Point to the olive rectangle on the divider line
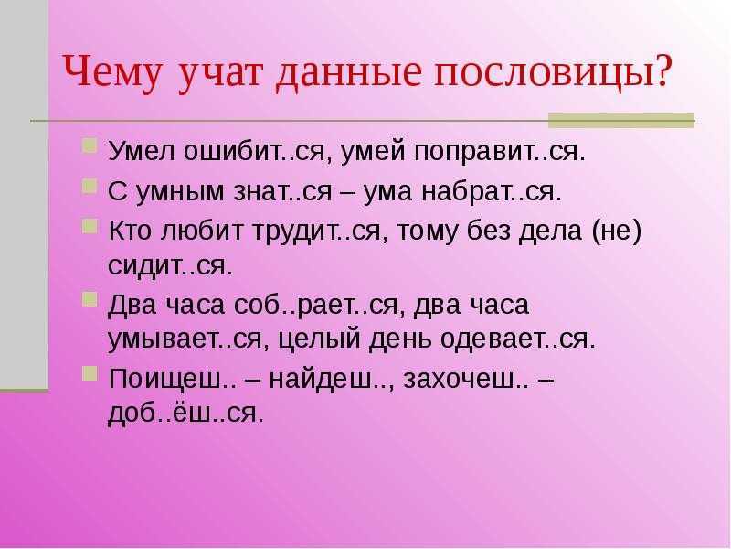coord(621,121)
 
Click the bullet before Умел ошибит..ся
coord(89,145)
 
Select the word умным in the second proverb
coord(179,192)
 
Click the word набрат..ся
coord(492,191)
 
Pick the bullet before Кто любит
coord(89,226)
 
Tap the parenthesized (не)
coord(618,231)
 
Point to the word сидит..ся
coord(170,265)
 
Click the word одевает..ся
coord(518,339)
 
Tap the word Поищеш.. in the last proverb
coord(172,379)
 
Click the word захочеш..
coord(466,380)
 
